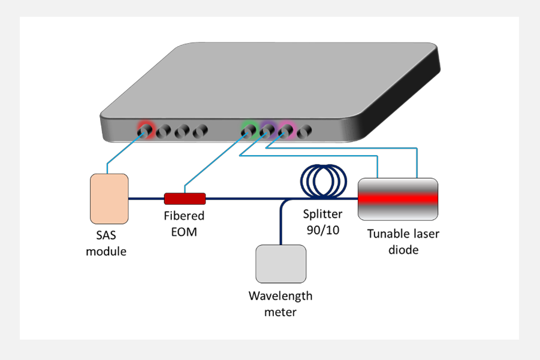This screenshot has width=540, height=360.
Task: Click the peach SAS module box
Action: tap(109, 198)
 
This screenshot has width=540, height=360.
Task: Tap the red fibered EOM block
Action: tap(185, 198)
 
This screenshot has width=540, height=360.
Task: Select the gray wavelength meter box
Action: tap(281, 264)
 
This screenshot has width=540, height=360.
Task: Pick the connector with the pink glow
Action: tap(285, 129)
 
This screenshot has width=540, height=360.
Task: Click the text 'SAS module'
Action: tap(107, 244)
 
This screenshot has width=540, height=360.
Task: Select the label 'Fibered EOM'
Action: tap(184, 223)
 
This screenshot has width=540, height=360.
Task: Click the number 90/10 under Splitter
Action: tap(322, 229)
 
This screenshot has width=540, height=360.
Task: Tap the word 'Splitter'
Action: tap(322, 214)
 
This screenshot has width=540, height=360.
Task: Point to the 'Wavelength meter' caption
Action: tap(280, 304)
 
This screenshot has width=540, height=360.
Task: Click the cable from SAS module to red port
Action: tap(123, 150)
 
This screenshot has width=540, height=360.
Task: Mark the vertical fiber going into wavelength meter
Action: tap(280, 225)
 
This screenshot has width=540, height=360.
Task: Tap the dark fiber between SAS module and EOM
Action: tap(146, 198)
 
